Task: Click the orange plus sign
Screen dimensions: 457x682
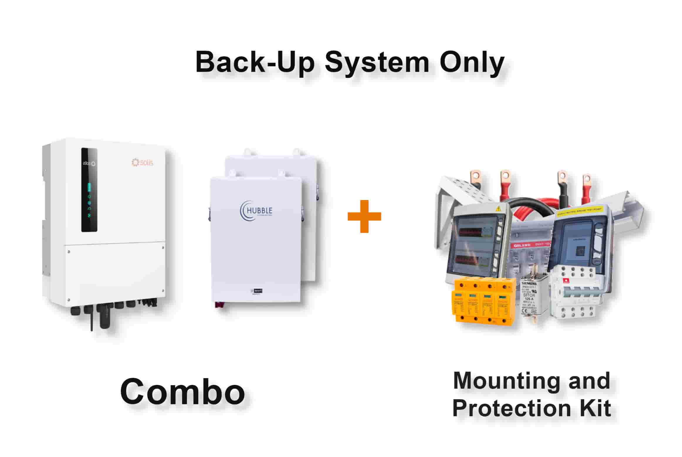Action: click(x=364, y=216)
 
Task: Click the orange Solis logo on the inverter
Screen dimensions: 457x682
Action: click(x=143, y=162)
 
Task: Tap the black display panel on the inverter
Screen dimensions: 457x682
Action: click(x=89, y=190)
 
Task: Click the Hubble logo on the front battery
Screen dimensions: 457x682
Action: click(x=256, y=211)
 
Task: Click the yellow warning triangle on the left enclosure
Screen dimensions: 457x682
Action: click(x=498, y=209)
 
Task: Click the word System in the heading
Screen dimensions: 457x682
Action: click(x=377, y=62)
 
